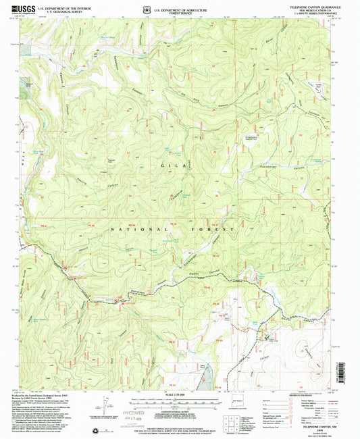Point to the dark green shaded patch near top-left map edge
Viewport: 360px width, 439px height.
tap(30, 86)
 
